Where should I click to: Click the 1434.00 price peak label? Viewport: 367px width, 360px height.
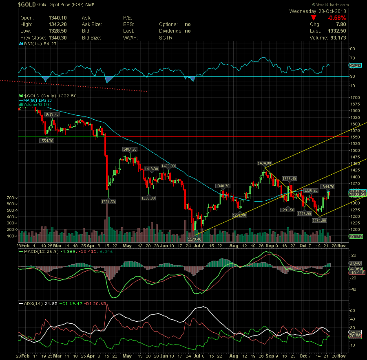point(264,163)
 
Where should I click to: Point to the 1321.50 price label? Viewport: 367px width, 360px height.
point(108,201)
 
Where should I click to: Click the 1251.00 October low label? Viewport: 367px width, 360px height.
point(319,220)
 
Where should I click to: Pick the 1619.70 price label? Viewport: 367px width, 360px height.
point(53,114)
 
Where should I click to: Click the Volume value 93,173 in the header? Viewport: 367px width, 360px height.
point(337,38)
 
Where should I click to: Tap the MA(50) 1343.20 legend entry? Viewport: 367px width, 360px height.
point(38,100)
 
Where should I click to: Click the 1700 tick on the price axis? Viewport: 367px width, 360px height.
point(355,98)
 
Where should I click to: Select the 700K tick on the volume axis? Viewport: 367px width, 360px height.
point(12,198)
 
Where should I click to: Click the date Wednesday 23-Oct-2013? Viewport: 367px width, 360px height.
point(318,11)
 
